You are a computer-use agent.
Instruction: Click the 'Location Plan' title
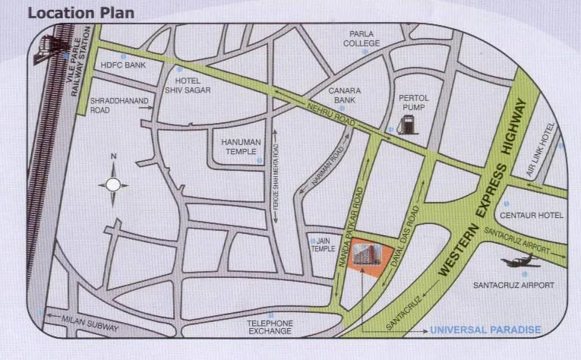pyautogui.click(x=81, y=13)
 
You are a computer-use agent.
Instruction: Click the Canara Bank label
pyautogui.click(x=344, y=95)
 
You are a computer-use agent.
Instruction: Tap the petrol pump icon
pyautogui.click(x=409, y=124)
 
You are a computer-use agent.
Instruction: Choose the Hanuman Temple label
pyautogui.click(x=241, y=147)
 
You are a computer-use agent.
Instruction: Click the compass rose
pyautogui.click(x=113, y=184)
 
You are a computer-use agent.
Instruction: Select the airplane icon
pyautogui.click(x=521, y=262)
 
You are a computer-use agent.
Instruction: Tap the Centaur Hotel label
pyautogui.click(x=532, y=216)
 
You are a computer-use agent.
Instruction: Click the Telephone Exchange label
pyautogui.click(x=270, y=327)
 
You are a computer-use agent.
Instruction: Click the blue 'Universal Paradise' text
pyautogui.click(x=485, y=330)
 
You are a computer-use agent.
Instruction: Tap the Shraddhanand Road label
pyautogui.click(x=111, y=105)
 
